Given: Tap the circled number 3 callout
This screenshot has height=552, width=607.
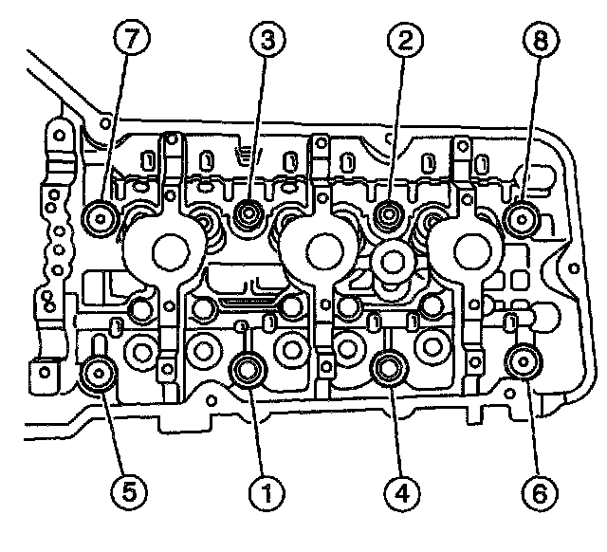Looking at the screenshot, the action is point(265,40).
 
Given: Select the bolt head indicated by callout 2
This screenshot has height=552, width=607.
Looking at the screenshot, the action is point(387,215).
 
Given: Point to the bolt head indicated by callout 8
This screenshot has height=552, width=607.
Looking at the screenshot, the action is point(522,219).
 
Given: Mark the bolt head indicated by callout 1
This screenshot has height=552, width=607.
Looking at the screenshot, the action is point(248,369).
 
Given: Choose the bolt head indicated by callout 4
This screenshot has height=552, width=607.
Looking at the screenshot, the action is point(388,368).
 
